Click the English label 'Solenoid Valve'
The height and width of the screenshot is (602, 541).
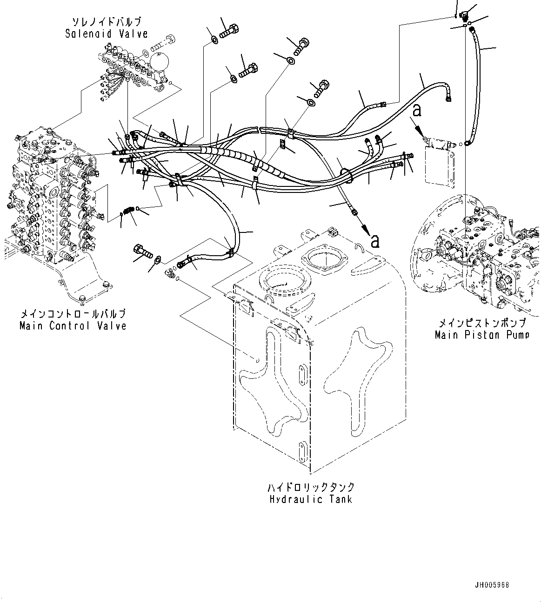[106, 33]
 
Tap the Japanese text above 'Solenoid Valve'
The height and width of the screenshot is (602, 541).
[106, 22]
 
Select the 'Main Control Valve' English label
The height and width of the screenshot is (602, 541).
[73, 326]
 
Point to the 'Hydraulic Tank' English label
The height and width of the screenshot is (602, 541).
[311, 499]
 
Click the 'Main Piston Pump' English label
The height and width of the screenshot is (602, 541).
[481, 335]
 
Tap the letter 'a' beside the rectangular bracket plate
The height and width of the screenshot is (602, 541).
[417, 111]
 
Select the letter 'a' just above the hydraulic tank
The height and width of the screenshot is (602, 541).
[375, 240]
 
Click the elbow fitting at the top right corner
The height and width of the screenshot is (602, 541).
[464, 14]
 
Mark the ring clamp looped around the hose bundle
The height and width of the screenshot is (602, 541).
[345, 174]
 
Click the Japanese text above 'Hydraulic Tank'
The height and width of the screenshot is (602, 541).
[311, 487]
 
